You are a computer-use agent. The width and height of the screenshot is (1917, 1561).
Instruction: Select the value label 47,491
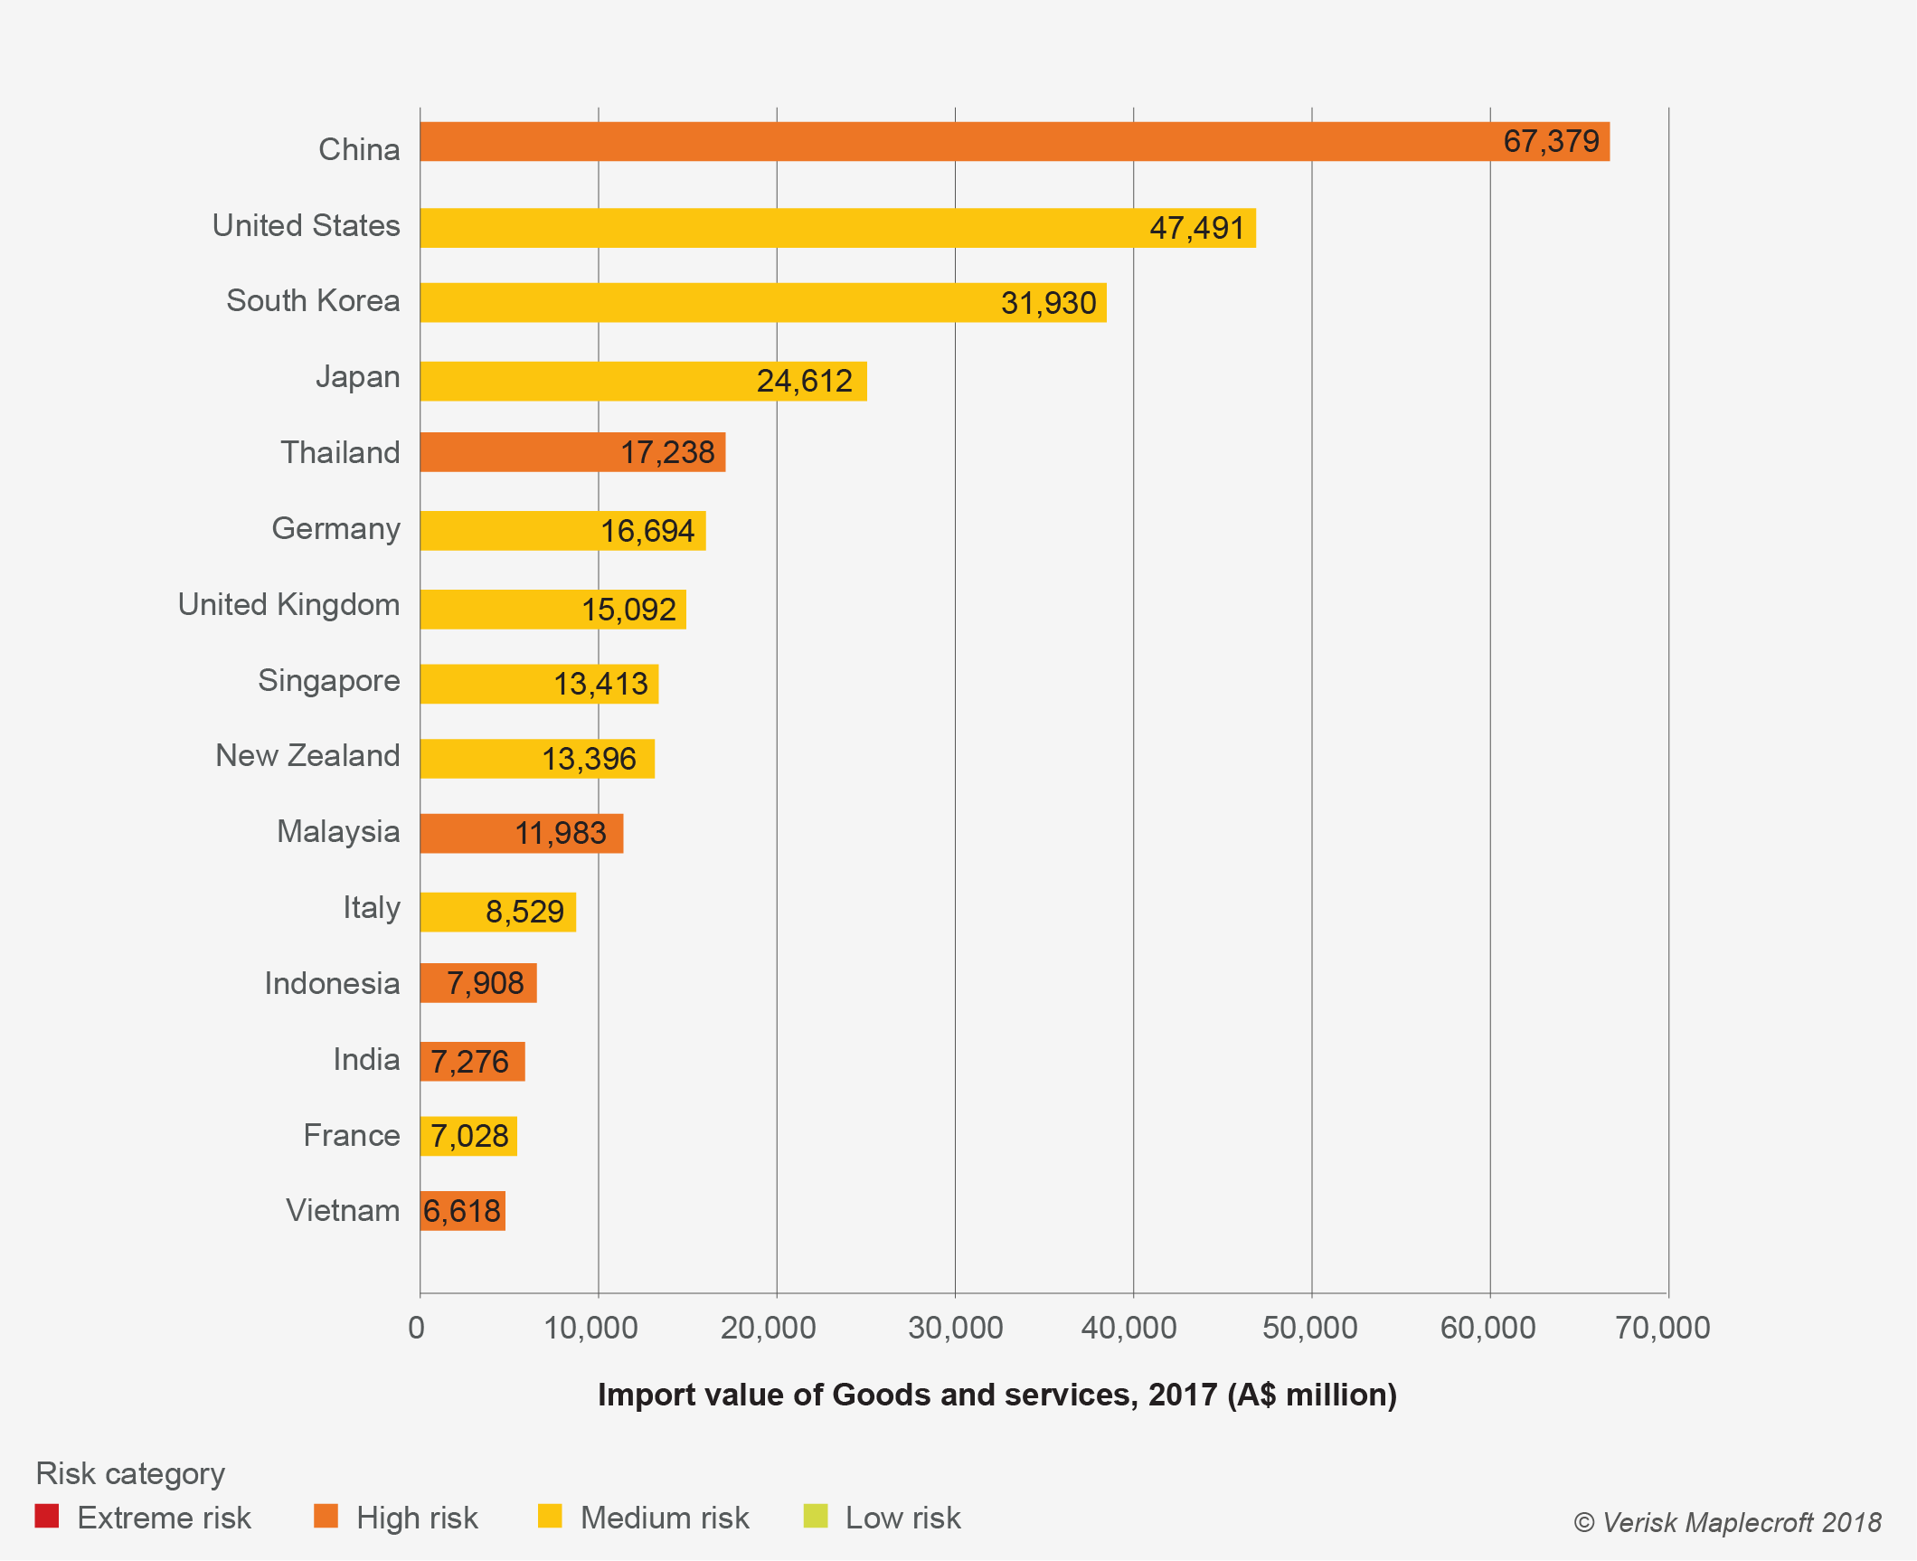tap(1196, 228)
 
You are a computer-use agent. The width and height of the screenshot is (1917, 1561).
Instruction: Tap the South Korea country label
tap(313, 300)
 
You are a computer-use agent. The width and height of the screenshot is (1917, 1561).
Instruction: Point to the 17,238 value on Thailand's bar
tap(667, 452)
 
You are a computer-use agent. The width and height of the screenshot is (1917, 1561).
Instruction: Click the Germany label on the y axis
tap(335, 528)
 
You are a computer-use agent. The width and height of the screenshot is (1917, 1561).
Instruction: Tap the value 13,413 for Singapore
tap(600, 684)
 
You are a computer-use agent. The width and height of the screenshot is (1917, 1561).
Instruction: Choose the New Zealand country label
tap(307, 755)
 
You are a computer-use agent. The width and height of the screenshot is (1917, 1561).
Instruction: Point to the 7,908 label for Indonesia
tap(486, 983)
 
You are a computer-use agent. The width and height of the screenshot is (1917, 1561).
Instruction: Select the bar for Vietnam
tap(462, 1211)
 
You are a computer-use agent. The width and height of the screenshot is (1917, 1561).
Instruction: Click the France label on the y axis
tap(351, 1135)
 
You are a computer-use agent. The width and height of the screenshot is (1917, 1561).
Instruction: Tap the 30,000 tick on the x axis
tap(955, 1328)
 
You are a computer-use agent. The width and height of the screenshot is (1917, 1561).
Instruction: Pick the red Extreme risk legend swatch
tap(47, 1516)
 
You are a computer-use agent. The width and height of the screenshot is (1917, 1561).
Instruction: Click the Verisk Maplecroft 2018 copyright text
tap(1727, 1522)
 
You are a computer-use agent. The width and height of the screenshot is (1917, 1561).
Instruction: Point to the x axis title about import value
tap(996, 1395)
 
